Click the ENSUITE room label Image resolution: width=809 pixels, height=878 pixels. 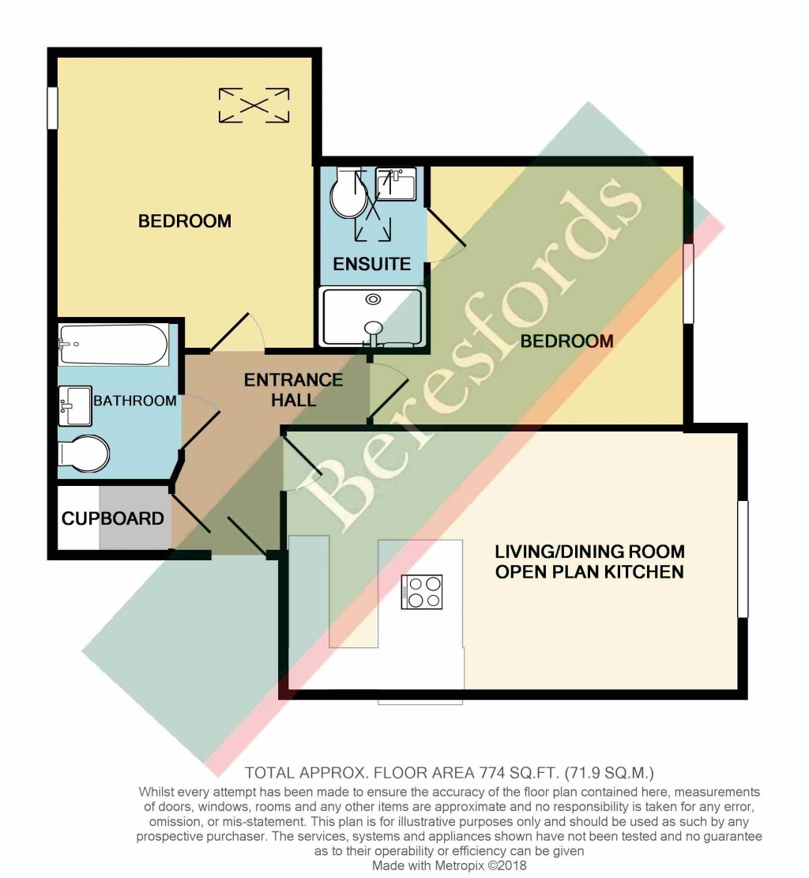[372, 264]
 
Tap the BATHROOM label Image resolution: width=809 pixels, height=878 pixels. [135, 401]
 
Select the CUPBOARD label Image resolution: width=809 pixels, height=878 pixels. [112, 518]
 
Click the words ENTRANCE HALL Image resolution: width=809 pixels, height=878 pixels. [293, 390]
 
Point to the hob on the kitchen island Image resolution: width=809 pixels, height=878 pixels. [422, 592]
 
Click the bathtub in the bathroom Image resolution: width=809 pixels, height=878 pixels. [113, 345]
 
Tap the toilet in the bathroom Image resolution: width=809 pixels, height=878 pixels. [84, 453]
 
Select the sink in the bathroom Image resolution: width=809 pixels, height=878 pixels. [75, 405]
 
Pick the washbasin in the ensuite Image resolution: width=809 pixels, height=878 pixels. [396, 183]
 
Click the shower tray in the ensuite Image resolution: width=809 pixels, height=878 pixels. [372, 317]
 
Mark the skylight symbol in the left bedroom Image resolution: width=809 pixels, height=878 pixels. [254, 105]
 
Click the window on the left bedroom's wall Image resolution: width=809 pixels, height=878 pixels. [53, 108]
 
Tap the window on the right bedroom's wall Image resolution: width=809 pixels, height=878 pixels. [688, 283]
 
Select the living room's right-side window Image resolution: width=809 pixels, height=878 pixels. [743, 559]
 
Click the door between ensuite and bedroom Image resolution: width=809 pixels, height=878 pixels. [446, 236]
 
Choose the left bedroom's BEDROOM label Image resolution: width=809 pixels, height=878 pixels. [185, 221]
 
